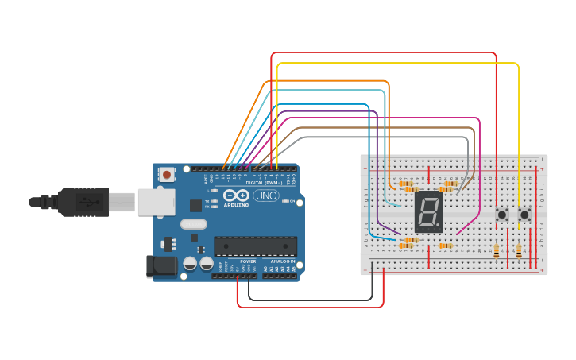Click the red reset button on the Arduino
coord(166,174)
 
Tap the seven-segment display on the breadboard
coord(428,211)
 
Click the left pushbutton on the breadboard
coord(501,215)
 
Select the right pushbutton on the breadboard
coord(524,215)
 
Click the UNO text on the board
coord(265,195)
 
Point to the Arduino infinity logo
coord(236,195)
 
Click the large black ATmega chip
coord(255,246)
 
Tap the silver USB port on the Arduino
coord(156,202)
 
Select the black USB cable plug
coord(83,202)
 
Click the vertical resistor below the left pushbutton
coord(497,251)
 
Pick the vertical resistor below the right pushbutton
coord(519,251)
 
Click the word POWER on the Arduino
coord(248,261)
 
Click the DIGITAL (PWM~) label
coord(264,183)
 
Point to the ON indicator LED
coord(286,201)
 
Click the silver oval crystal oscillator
coord(193,224)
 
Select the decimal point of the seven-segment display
coord(439,228)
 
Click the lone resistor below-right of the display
coord(445,246)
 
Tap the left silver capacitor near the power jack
coord(191,263)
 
